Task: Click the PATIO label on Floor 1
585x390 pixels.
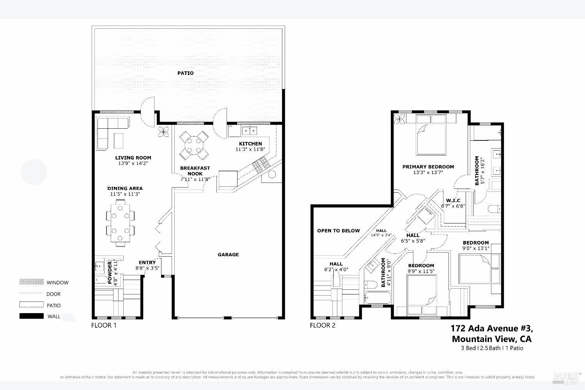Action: coord(185,73)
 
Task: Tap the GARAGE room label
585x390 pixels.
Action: coord(228,255)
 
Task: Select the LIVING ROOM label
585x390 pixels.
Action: coord(133,158)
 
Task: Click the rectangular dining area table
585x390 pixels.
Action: coord(121,223)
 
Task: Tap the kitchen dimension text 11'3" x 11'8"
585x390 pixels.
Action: coord(250,149)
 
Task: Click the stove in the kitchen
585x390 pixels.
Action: coord(261,166)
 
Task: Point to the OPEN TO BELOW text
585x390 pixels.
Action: coord(339,230)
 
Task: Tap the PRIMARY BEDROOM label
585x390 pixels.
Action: coord(428,167)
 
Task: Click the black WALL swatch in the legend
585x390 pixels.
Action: coord(31,316)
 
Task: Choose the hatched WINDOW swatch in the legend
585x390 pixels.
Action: coord(31,282)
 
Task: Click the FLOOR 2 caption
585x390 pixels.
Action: coord(323,325)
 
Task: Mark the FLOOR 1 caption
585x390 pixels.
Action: coord(104,325)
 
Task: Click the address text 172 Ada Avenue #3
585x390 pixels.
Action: coord(491,328)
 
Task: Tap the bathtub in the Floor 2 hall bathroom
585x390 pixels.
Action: coord(377,298)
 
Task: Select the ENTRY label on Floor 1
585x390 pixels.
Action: coord(147,262)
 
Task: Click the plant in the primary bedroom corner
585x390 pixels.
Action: coord(399,119)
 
